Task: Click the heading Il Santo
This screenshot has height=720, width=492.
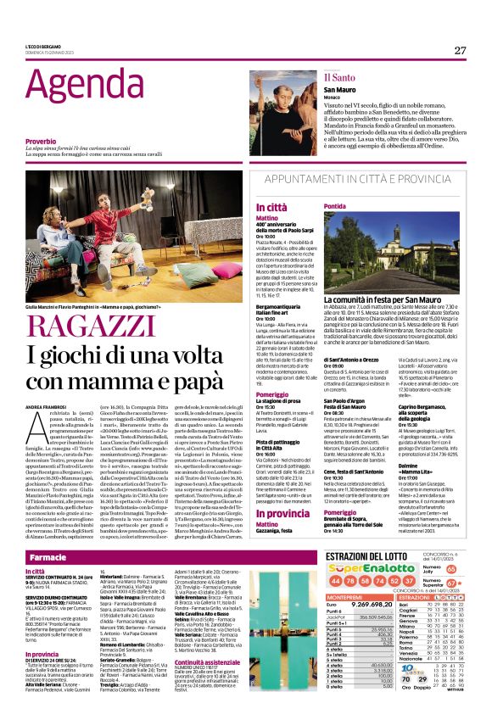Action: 316,76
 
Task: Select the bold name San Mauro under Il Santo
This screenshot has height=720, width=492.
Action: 316,89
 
